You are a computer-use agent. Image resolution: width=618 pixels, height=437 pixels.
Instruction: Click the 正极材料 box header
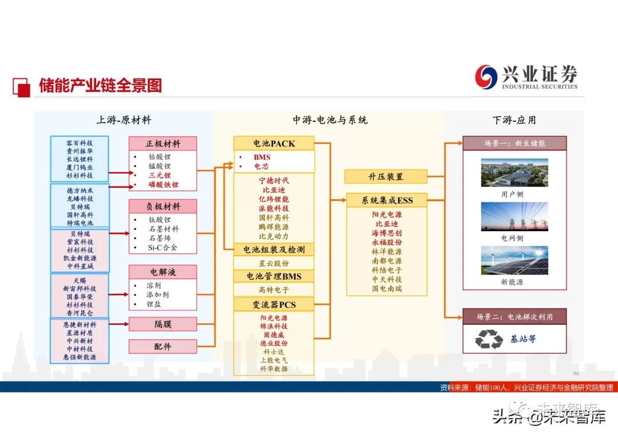coord(163,143)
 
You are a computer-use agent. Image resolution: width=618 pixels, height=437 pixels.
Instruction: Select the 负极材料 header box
coord(163,206)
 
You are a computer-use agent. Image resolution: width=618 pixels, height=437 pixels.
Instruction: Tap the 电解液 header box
coord(163,272)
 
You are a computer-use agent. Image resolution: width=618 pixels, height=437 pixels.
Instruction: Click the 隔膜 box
coord(163,324)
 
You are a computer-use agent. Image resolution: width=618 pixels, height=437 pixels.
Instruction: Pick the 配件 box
coord(163,346)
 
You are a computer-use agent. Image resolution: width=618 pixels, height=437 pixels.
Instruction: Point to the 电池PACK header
coord(274,143)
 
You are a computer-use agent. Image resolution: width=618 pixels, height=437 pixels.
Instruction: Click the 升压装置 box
coord(386,177)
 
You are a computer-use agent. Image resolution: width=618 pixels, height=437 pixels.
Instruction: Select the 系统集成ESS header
coord(387,200)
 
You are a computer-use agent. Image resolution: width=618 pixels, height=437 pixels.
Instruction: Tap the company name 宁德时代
coord(274,180)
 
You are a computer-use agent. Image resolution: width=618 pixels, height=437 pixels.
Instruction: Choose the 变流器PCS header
coord(274,304)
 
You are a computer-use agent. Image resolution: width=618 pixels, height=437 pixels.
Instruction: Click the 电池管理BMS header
coord(274,276)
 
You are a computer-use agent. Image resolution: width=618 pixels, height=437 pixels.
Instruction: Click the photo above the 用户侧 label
coord(514,172)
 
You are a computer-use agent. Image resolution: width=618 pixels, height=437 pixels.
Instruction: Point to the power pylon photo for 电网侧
coord(514,217)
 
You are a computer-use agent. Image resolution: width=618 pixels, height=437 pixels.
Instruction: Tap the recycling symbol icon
coord(489,339)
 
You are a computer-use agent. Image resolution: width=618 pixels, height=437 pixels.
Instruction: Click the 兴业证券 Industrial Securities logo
coord(525,77)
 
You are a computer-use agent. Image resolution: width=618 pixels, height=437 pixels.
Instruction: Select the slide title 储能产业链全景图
coord(100,86)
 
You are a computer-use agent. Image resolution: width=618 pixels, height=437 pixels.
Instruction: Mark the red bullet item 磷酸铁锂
coord(164,185)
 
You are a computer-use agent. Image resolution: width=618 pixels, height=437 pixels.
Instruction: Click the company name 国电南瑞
coord(387,289)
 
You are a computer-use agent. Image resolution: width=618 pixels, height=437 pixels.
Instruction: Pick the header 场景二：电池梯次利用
coord(514,316)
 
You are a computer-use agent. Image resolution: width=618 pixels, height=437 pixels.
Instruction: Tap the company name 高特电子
coord(274,290)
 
